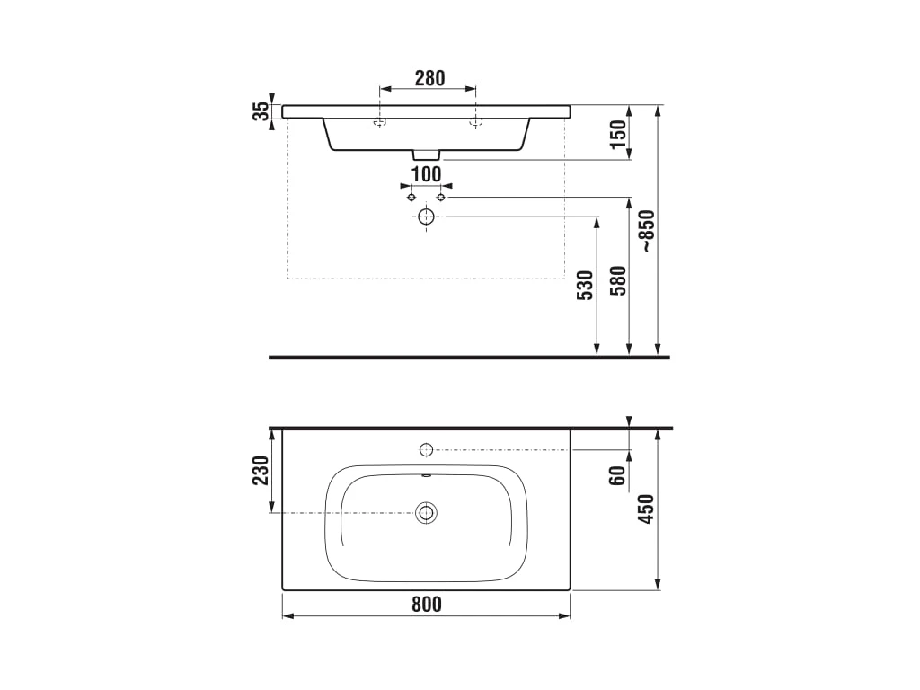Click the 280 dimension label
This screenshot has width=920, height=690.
(x=429, y=78)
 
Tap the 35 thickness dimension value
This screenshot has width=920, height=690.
(x=261, y=111)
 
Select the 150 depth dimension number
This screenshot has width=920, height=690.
(x=618, y=135)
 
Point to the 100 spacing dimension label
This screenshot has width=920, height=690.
(x=426, y=174)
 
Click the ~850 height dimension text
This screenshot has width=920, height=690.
(x=647, y=231)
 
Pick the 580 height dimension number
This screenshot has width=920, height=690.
(x=618, y=280)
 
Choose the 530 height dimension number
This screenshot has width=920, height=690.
(x=586, y=286)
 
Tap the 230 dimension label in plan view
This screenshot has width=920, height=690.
(x=261, y=470)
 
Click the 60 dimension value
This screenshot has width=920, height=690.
(x=617, y=476)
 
